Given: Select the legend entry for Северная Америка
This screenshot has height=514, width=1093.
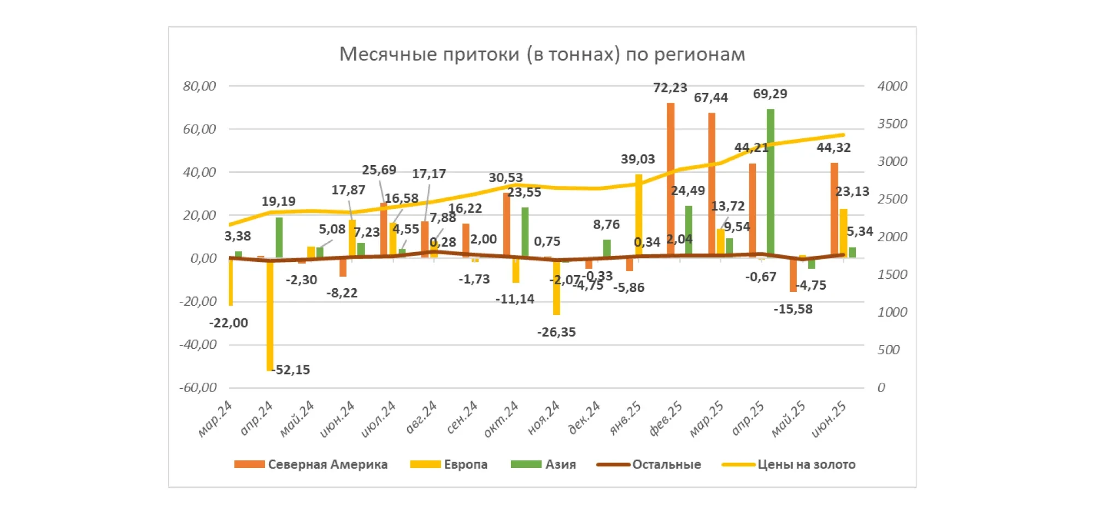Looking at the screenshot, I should point(310,464).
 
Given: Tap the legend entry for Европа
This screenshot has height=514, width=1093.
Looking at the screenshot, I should point(449,464).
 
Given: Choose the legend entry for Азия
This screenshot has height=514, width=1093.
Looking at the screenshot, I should point(543,464).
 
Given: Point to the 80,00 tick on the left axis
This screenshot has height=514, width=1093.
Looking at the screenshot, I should point(199,86).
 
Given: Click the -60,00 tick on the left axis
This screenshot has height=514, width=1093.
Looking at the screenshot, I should point(198,387).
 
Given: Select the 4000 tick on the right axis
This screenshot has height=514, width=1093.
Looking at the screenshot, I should point(892,86).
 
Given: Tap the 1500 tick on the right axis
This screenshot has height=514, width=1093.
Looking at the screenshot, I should point(892,274).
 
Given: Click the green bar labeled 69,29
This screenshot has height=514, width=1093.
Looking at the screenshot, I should point(771,183).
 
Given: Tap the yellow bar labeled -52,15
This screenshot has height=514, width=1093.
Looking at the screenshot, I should point(270,314).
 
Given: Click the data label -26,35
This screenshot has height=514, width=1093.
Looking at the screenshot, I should point(556,332).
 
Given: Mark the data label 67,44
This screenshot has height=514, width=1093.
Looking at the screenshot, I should point(710,98).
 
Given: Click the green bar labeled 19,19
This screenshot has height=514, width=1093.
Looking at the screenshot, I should point(279,237).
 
